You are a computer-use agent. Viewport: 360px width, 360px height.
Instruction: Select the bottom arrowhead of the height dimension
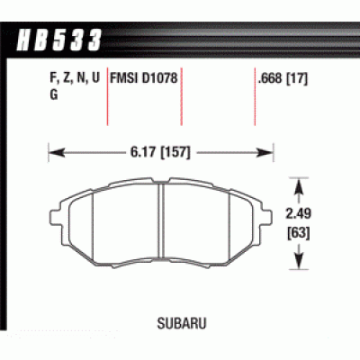[297, 266]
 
